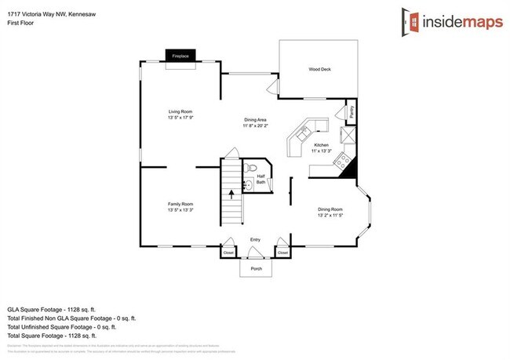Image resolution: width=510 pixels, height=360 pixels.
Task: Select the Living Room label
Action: point(180,112)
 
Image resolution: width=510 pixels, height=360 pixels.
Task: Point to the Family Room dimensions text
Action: point(180,210)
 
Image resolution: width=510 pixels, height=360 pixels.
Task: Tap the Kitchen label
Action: point(322,145)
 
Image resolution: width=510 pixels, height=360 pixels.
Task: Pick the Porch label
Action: point(256,268)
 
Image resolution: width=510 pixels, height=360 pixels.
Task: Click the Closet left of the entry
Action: point(228,253)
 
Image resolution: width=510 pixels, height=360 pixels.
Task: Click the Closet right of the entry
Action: point(282,253)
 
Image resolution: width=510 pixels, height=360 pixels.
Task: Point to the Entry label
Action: point(255,239)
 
